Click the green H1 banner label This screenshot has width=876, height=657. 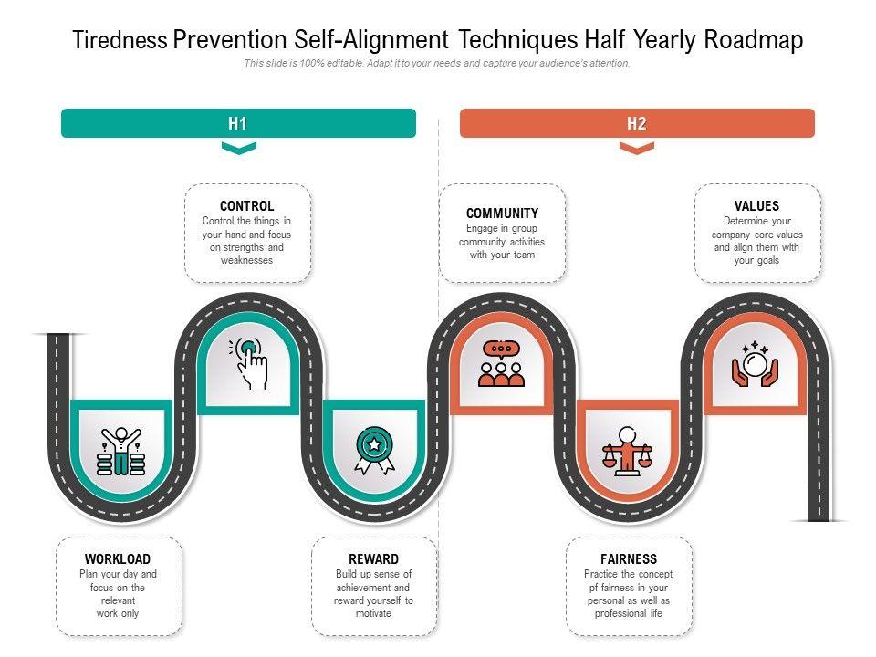[238, 123]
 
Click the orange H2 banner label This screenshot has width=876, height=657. [636, 123]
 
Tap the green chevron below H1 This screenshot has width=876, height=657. [239, 148]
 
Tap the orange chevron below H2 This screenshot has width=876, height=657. [637, 148]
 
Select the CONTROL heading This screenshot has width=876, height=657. [246, 206]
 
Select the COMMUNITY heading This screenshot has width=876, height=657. [502, 213]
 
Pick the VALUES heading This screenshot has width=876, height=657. [756, 206]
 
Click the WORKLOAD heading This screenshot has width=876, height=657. [118, 558]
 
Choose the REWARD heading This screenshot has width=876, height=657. [373, 558]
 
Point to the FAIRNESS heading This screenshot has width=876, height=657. [629, 558]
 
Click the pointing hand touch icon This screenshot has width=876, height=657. [249, 363]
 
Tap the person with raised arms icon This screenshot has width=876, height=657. [121, 451]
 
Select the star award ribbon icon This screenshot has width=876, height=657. [375, 450]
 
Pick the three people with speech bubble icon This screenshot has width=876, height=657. [501, 363]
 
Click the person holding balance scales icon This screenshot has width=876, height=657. [627, 451]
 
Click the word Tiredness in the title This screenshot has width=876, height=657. [120, 41]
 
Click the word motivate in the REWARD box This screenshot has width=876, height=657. [373, 613]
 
